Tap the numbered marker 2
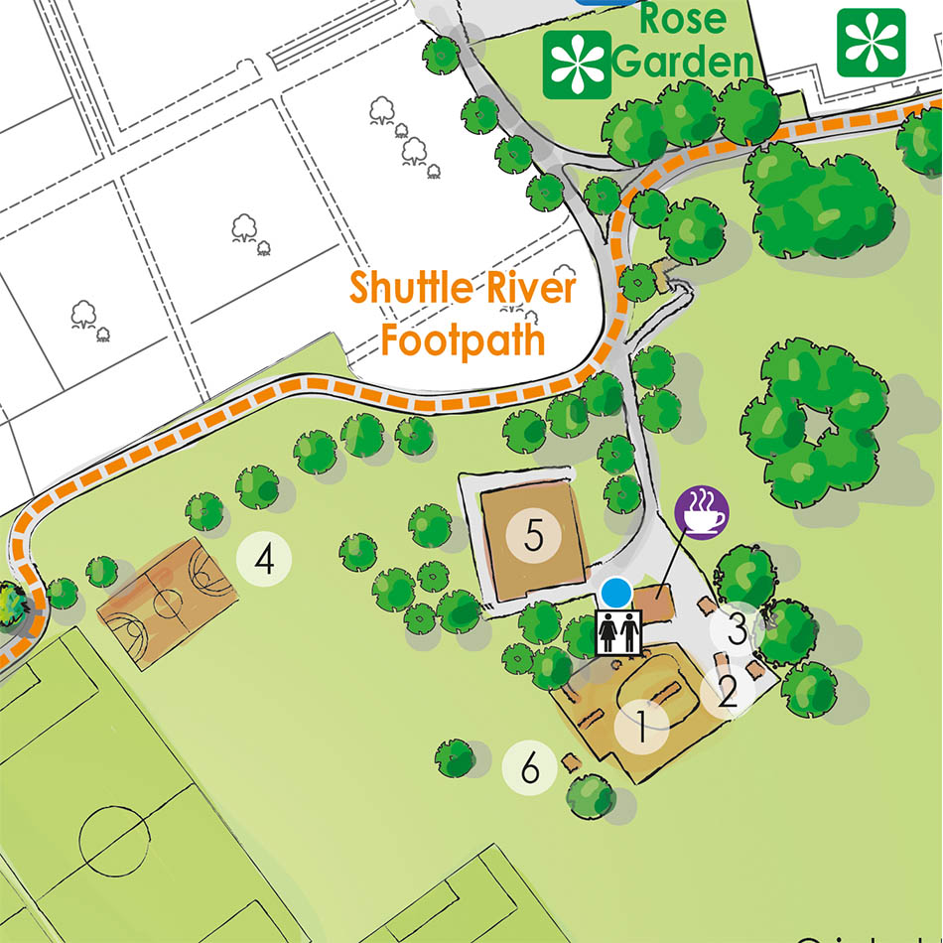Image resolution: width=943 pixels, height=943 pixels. pos(728,692)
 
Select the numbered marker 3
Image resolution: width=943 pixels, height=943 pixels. pos(737,628)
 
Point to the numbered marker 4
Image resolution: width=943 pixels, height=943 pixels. pos(264,561)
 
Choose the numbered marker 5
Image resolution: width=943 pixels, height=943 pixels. pos(534,537)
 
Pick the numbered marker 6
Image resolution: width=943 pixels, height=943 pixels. pos(529,767)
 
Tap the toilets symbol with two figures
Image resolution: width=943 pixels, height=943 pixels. pos(619,631)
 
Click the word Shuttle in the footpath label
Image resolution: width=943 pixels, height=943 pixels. pos(407,290)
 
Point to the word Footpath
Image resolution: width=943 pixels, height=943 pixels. pos(464,340)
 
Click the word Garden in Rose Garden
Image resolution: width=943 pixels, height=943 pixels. pos(683,62)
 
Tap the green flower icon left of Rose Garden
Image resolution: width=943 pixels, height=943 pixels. pos(577,65)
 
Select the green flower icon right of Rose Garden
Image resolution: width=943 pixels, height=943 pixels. pos(871,42)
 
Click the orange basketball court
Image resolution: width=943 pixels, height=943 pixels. pos(167,600)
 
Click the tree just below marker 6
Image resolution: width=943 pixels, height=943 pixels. pos(592,795)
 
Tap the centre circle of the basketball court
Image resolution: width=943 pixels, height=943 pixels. pos(167,601)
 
